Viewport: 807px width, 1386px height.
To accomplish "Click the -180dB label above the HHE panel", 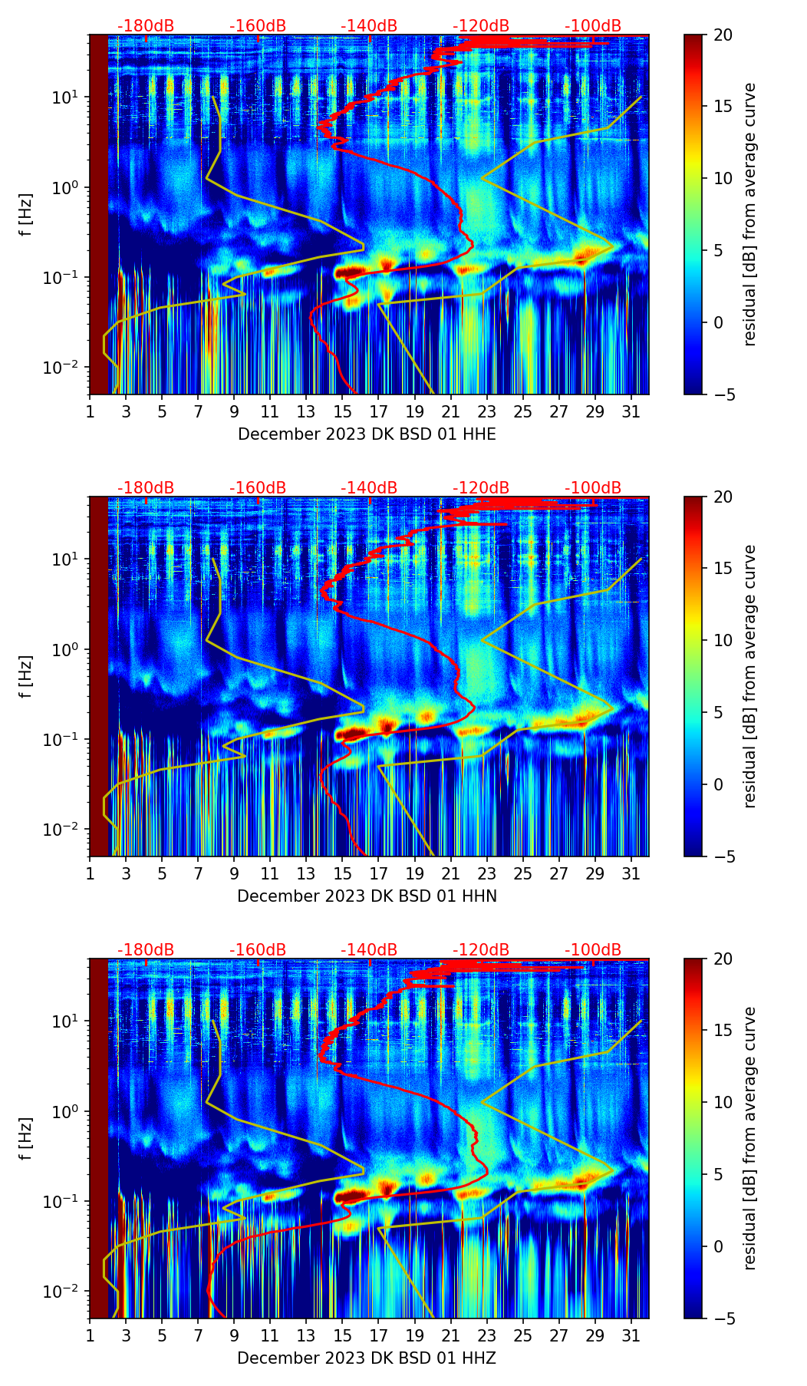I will coord(146,26).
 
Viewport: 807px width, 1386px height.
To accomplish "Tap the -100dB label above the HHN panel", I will coord(593,488).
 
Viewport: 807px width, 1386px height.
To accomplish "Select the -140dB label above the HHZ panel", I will coord(369,950).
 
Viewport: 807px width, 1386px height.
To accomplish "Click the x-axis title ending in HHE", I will coord(367,434).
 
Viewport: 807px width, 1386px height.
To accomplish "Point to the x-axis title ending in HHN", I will coord(367,896).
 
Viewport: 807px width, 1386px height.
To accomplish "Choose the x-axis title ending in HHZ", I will coord(367,1358).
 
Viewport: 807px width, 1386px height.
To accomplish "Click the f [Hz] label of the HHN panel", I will coord(25,676).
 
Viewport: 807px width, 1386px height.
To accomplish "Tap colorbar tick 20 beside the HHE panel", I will coord(723,35).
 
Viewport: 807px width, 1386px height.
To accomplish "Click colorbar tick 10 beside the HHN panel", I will coord(723,640).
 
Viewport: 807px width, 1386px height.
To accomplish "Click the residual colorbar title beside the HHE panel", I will coord(749,214).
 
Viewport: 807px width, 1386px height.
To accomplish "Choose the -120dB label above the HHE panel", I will coord(481,26).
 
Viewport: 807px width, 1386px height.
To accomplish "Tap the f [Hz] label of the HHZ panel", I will coord(25,1138).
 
